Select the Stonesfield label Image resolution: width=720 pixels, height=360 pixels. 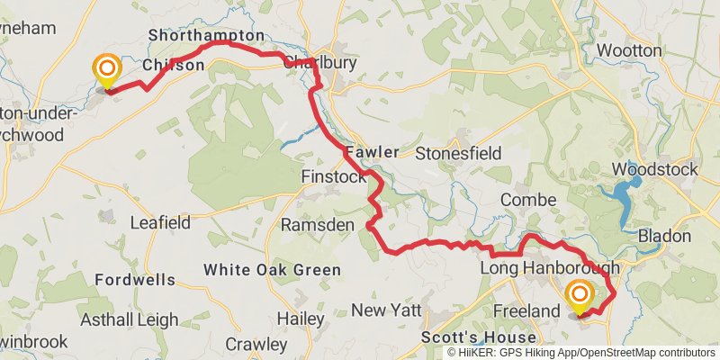pos(458,153)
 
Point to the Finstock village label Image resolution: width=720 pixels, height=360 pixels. pos(334,177)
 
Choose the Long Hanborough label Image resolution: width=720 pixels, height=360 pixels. pos(550,268)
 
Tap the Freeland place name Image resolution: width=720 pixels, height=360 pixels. pos(527,311)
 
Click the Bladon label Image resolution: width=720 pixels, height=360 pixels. pos(664,236)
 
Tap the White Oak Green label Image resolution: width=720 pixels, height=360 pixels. pos(272,270)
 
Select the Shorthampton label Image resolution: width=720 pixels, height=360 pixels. pos(206,36)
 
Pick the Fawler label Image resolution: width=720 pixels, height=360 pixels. pos(370,153)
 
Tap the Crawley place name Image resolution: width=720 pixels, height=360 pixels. pos(256,344)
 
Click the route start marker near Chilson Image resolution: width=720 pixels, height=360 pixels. pos(107,69)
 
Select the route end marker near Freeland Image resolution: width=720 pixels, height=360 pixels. pos(579,294)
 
